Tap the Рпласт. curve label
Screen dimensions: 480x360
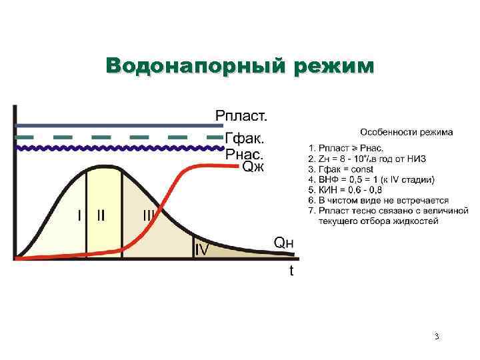[x=241, y=115]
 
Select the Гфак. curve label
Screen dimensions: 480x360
[x=244, y=139]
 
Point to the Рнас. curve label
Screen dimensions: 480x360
[x=245, y=153]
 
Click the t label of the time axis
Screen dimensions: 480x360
[x=291, y=271]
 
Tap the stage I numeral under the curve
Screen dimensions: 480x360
[x=79, y=215]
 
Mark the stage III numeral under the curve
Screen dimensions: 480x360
[x=148, y=215]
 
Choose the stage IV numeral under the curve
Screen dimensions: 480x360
[x=202, y=249]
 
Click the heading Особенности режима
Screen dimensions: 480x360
[x=407, y=131]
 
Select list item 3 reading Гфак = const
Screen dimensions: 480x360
[x=345, y=169]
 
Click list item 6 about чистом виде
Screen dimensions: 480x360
[x=378, y=200]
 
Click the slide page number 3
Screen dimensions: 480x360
[x=437, y=337]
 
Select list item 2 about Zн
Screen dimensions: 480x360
[x=367, y=159]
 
